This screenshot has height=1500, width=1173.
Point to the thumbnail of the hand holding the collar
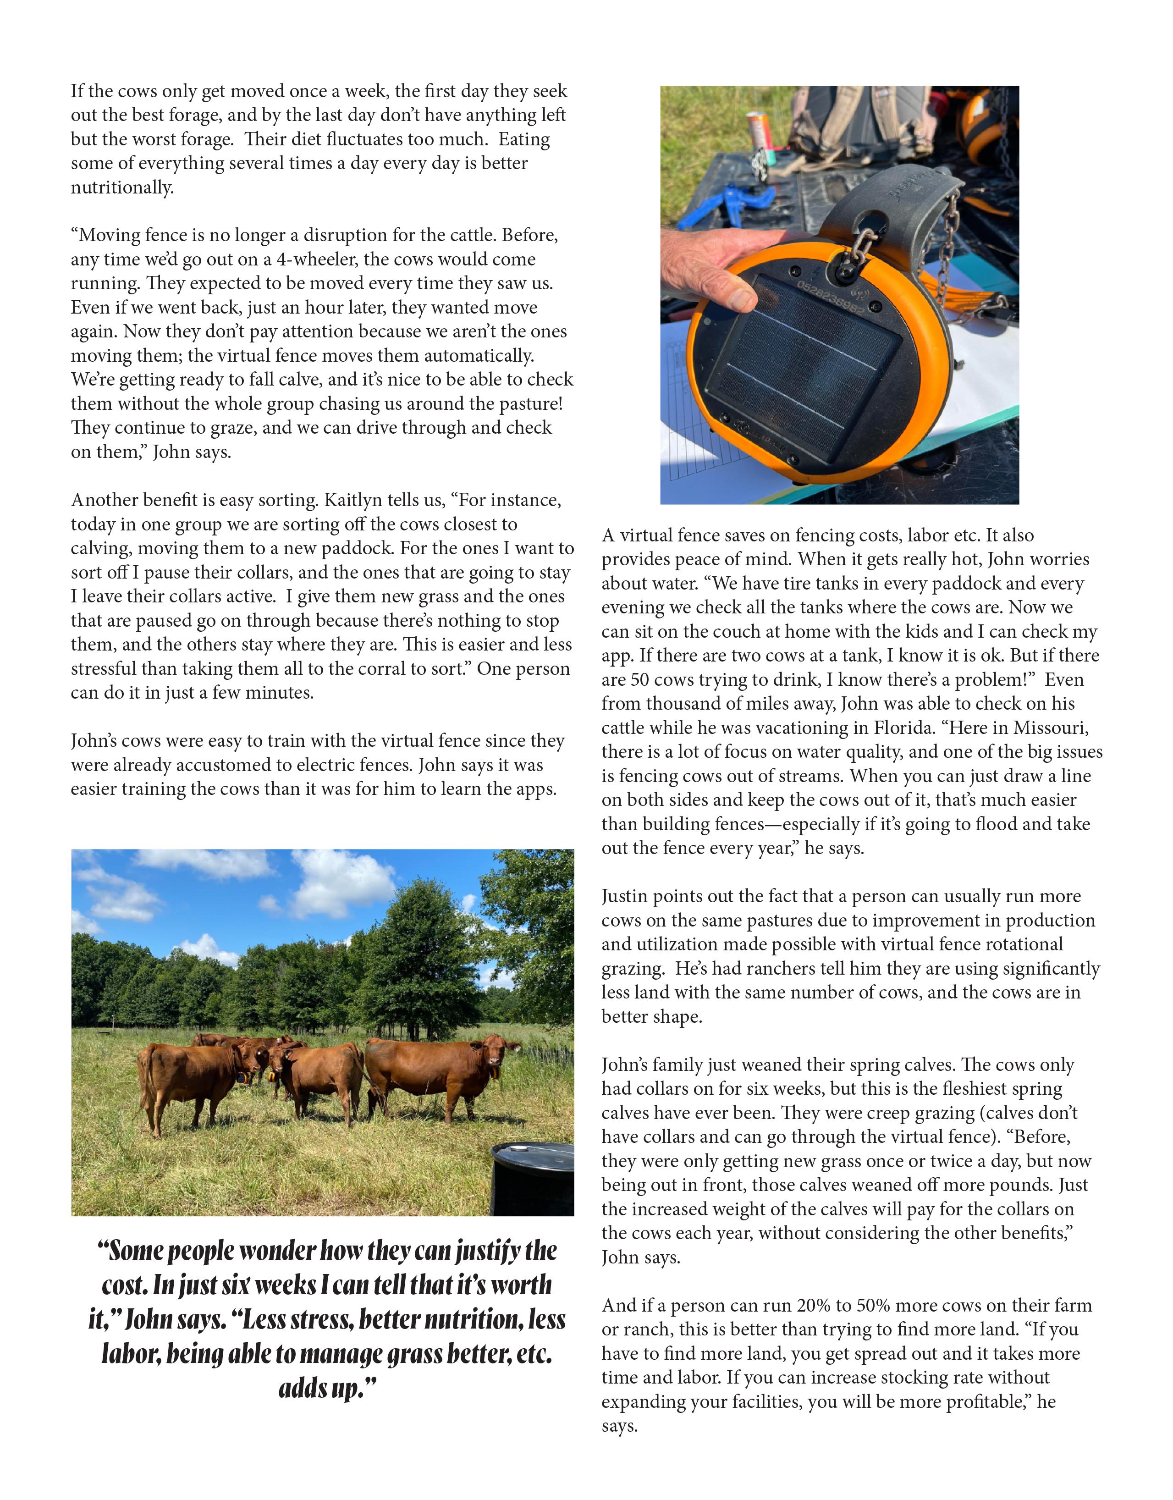(839, 295)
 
